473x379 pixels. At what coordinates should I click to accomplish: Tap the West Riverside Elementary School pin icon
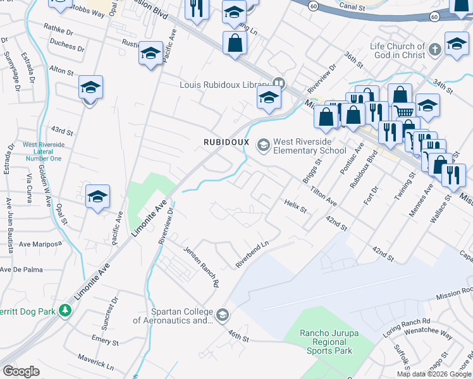coord(262,146)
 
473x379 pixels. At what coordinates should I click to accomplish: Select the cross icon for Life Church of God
coord(434,50)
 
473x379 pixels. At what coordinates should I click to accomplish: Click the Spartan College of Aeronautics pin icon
coord(222,315)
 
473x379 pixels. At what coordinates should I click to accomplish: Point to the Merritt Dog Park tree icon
coord(64,311)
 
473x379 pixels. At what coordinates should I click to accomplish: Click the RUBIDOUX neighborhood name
coord(226,141)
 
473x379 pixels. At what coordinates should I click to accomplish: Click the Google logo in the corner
coord(21,371)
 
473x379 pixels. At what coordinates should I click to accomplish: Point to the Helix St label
coord(295,205)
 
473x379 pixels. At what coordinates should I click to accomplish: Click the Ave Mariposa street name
coord(40,243)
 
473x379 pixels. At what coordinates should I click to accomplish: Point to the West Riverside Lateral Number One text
coord(43,152)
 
